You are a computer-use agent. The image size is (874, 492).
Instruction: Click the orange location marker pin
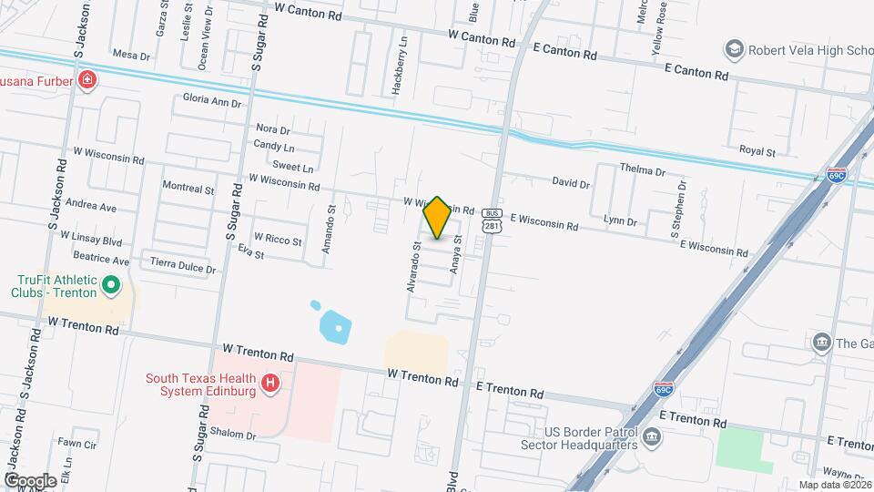click(438, 217)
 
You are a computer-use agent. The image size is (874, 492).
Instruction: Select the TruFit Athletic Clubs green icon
click(111, 286)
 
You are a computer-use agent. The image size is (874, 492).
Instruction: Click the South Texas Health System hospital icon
click(269, 384)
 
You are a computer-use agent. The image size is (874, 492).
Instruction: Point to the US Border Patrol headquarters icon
click(652, 438)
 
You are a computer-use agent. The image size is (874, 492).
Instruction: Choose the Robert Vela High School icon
click(734, 48)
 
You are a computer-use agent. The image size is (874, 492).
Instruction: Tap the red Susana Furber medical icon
click(86, 80)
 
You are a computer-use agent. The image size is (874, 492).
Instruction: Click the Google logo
click(30, 480)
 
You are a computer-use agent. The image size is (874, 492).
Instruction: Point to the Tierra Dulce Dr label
click(183, 269)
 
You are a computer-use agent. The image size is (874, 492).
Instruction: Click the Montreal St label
click(188, 189)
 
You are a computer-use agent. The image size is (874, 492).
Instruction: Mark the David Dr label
click(571, 183)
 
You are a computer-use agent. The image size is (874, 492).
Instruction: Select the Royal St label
click(757, 151)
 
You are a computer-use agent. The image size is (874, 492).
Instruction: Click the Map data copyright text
click(832, 485)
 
